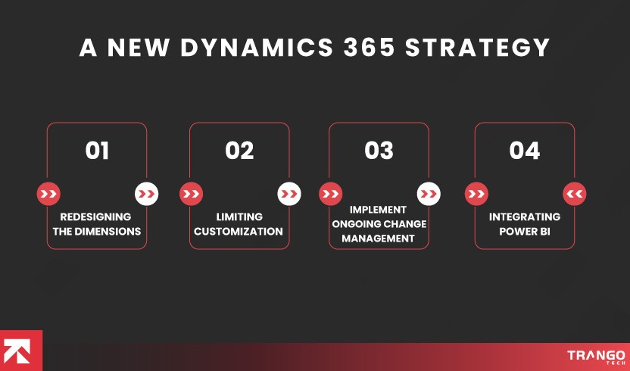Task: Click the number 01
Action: pos(97,151)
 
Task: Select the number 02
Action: pos(239,151)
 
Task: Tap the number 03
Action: pos(379,151)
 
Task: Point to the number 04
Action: pos(524,151)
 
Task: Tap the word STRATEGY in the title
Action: pos(478,47)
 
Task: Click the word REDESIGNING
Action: pos(95,217)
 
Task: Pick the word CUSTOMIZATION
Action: pos(239,231)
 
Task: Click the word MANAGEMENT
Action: pos(379,238)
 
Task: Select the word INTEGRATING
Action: pos(525,217)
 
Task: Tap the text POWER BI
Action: pos(525,231)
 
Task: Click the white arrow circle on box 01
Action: pos(147,195)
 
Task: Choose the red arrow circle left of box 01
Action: pos(48,195)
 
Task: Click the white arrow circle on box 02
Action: pos(289,195)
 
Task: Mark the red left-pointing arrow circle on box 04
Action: pos(575,195)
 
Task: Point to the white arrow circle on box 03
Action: pos(429,195)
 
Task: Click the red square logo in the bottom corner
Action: pos(21,351)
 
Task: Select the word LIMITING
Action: pos(239,217)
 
